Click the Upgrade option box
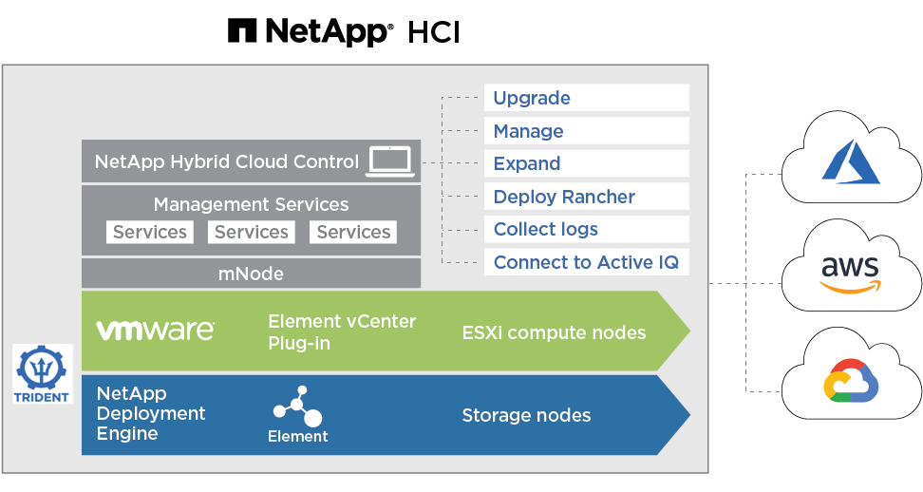[586, 98]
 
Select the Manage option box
[586, 131]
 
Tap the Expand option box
[586, 163]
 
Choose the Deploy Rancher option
[586, 197]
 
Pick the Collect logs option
[586, 229]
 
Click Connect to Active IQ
[586, 262]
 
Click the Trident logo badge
[43, 373]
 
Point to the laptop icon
[390, 161]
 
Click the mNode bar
[251, 274]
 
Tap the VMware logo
[156, 331]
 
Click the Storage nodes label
[526, 415]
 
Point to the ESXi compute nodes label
[554, 332]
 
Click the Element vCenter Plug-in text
[342, 331]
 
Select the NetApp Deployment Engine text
[151, 413]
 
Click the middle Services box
[252, 232]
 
